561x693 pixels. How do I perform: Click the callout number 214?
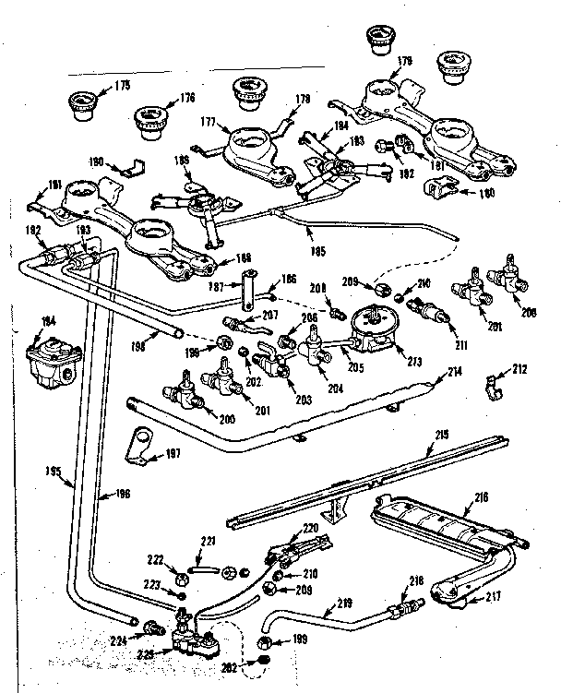pos(453,372)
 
